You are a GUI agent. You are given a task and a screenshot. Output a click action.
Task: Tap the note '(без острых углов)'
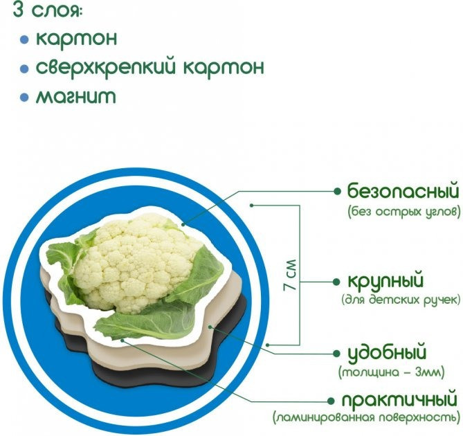click(x=404, y=212)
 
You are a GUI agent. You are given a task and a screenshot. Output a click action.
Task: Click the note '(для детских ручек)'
click(x=401, y=301)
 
